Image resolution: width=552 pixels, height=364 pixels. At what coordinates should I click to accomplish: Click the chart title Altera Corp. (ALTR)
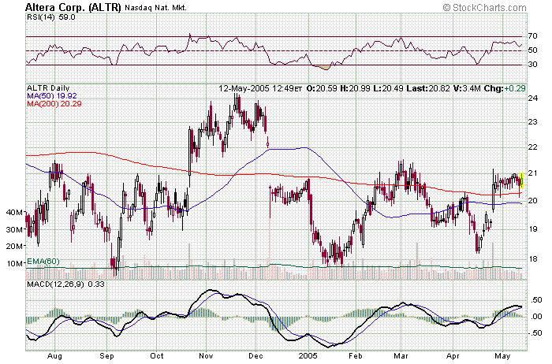pyautogui.click(x=74, y=6)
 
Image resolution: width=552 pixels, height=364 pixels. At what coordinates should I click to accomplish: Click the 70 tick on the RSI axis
pyautogui.click(x=534, y=36)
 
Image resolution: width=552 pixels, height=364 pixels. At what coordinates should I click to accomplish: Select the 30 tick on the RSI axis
pyautogui.click(x=534, y=65)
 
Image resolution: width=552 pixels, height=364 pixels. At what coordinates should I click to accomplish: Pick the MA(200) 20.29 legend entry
pyautogui.click(x=55, y=104)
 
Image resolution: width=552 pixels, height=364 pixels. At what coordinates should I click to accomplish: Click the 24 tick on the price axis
pyautogui.click(x=533, y=98)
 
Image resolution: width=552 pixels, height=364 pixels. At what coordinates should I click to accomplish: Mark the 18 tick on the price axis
pyautogui.click(x=533, y=258)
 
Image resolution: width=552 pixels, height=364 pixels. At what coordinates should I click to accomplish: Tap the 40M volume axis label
pyautogui.click(x=14, y=213)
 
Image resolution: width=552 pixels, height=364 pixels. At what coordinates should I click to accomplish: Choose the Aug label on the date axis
pyautogui.click(x=54, y=355)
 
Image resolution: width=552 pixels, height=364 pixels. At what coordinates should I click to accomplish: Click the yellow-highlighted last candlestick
pyautogui.click(x=520, y=182)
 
